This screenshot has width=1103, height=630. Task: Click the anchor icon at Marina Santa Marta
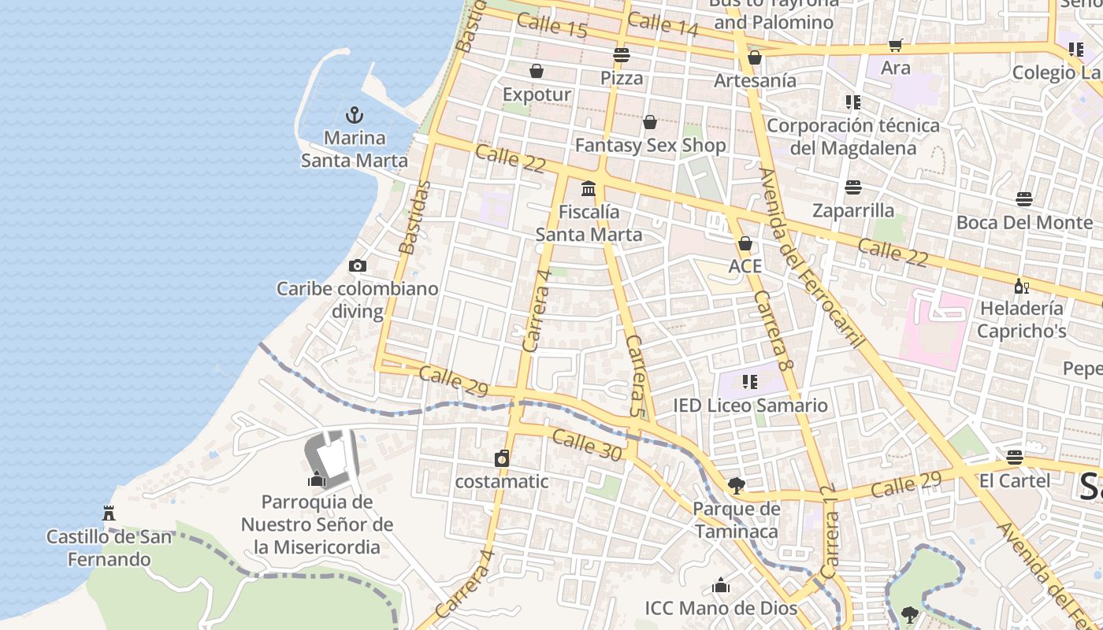click(x=355, y=115)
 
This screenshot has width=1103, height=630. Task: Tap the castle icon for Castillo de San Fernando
click(x=109, y=513)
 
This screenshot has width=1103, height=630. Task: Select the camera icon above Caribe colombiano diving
click(x=358, y=266)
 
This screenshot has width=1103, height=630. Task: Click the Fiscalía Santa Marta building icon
click(x=589, y=189)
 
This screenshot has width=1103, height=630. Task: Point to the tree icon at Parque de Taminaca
click(x=736, y=486)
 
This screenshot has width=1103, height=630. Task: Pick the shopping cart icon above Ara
click(x=895, y=46)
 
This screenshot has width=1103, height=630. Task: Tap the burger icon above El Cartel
click(x=1015, y=458)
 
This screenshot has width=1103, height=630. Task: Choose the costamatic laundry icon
click(x=502, y=458)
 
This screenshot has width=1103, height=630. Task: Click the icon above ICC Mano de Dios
click(x=720, y=585)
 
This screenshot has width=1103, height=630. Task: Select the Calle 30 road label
click(x=587, y=445)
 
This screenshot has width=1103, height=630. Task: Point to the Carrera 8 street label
click(x=771, y=331)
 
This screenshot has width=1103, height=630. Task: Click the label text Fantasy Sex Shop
click(x=650, y=146)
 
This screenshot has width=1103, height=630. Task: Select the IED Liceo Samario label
click(x=750, y=406)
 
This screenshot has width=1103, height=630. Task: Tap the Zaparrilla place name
click(x=853, y=210)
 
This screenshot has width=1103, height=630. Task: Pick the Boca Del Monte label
click(x=1024, y=222)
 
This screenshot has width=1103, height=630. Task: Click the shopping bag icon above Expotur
click(x=537, y=72)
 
